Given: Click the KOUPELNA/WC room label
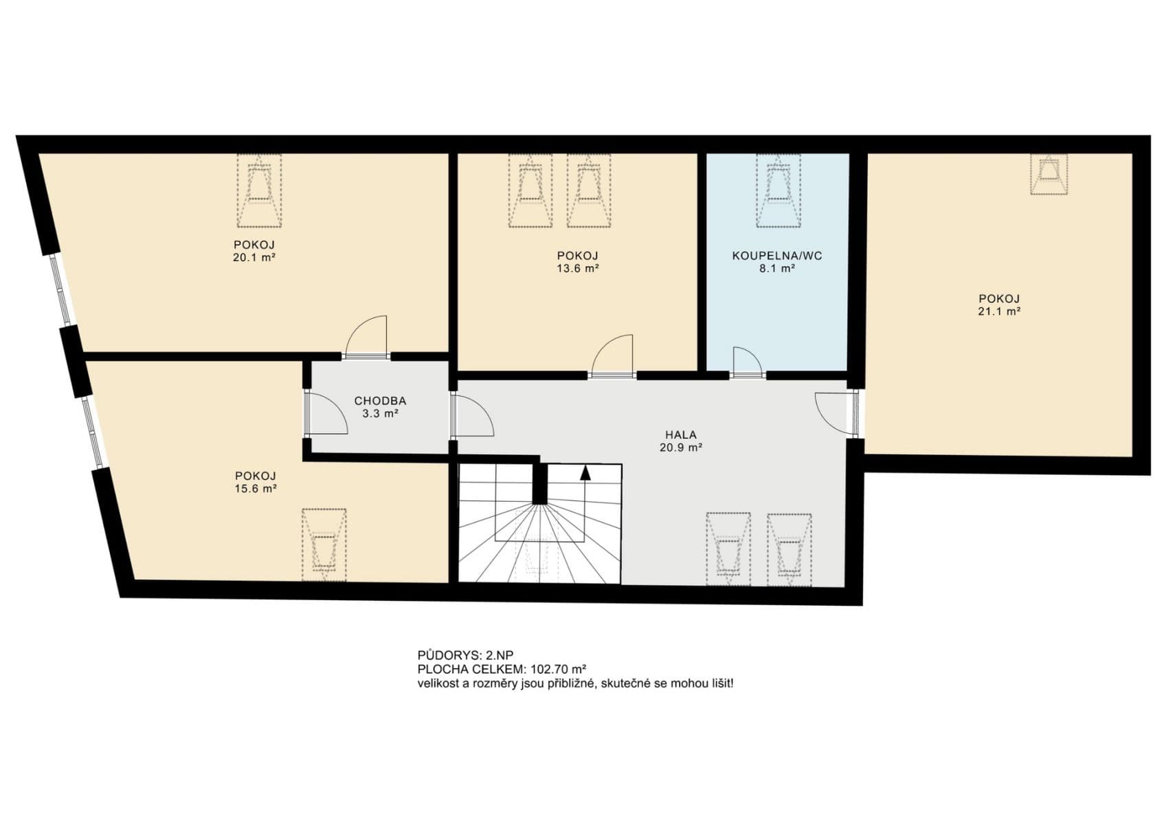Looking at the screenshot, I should [776, 256].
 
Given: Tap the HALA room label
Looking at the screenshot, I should [680, 434].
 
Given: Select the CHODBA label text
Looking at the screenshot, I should [380, 401].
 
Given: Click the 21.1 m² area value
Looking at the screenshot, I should [998, 311].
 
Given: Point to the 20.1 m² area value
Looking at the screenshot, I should [254, 258].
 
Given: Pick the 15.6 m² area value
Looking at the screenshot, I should [255, 489].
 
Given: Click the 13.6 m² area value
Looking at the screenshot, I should [577, 269].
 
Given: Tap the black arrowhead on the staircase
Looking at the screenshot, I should [585, 472].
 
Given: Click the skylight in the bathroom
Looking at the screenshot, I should [778, 190].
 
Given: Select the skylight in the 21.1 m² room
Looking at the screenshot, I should [1049, 173].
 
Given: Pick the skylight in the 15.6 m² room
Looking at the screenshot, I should [324, 545].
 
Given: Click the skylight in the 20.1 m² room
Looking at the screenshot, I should [259, 190].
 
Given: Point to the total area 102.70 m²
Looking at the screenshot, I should [558, 669].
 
